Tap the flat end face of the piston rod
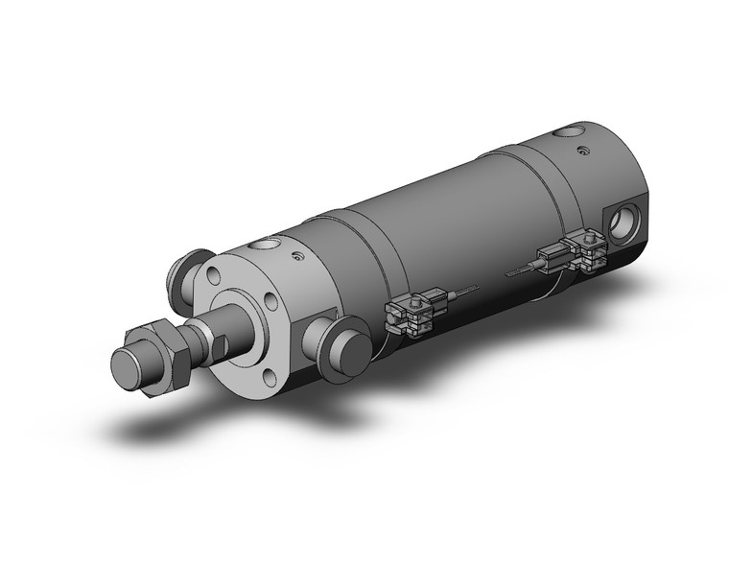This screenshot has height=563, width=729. pyautogui.click(x=128, y=368)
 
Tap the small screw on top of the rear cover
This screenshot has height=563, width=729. pyautogui.click(x=584, y=150)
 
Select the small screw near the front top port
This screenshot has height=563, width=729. pyautogui.click(x=298, y=256)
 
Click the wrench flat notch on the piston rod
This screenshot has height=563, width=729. pyautogui.click(x=217, y=343)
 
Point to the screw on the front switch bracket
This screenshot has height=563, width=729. pyautogui.click(x=412, y=307)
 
